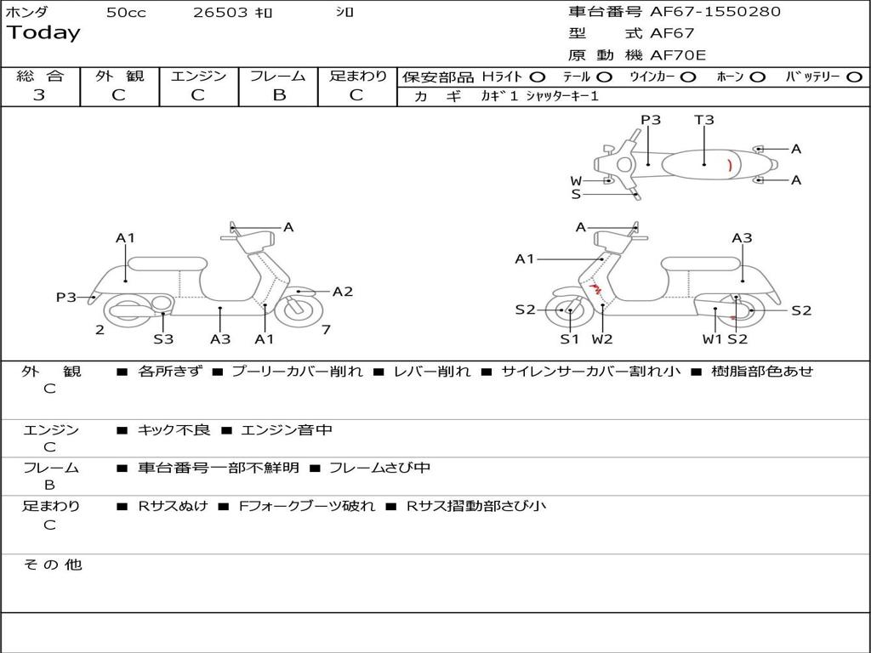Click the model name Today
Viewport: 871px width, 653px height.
coord(43,33)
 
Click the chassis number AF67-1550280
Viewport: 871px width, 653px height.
coord(703,12)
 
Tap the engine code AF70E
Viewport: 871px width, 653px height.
coord(678,55)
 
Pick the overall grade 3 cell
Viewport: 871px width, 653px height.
coord(39,95)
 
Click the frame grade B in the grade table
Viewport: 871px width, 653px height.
coord(278,95)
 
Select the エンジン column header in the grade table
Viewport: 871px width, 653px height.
coord(198,76)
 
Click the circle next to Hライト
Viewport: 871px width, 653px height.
coord(538,77)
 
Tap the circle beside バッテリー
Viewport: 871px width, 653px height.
coord(854,77)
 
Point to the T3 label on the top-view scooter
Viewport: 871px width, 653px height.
coord(704,120)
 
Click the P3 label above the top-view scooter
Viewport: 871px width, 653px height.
coord(651,120)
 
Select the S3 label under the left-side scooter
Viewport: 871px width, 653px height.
coord(163,339)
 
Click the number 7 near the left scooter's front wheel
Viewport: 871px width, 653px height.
coord(326,330)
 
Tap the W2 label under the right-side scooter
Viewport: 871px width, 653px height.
coord(602,339)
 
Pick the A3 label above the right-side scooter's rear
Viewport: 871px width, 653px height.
coord(742,238)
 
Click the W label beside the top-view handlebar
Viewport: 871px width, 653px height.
coord(576,181)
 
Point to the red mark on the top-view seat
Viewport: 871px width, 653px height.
coord(729,166)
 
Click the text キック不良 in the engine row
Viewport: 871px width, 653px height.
coord(174,430)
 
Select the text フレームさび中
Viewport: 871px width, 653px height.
coord(379,468)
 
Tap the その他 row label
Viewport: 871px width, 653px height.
coord(52,565)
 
